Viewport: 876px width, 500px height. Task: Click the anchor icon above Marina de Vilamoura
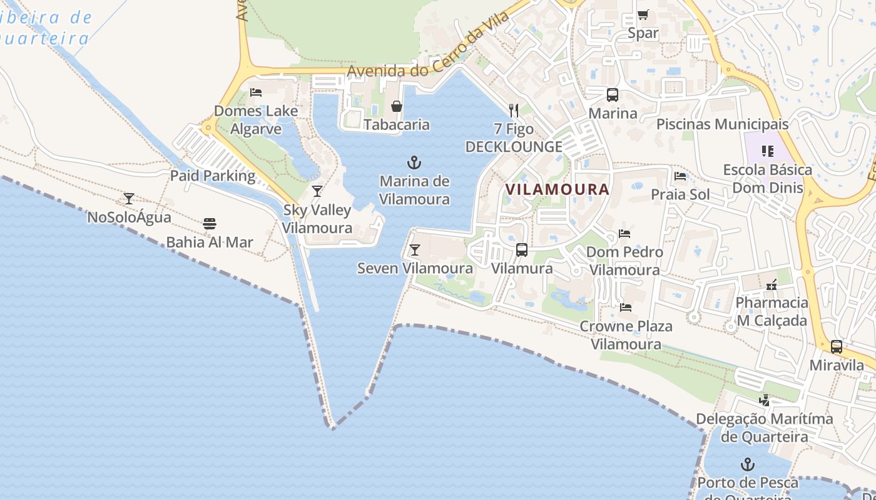click(x=414, y=163)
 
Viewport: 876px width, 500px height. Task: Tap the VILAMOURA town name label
click(x=557, y=189)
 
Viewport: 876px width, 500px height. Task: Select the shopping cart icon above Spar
click(x=643, y=14)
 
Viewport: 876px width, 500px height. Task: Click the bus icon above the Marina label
click(x=613, y=95)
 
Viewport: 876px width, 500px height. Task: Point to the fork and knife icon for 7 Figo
click(x=514, y=111)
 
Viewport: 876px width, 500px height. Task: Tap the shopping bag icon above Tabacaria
click(x=396, y=106)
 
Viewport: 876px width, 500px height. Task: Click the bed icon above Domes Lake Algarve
click(x=255, y=92)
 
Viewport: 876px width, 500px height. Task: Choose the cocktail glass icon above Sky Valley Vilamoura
click(x=317, y=191)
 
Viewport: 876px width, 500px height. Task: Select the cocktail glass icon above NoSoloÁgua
click(x=129, y=199)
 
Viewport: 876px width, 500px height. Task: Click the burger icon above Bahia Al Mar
click(x=210, y=224)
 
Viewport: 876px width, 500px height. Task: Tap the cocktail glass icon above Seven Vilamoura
click(x=414, y=250)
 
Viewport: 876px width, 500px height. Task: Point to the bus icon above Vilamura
click(x=522, y=250)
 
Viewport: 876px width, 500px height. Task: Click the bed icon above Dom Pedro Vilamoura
click(x=624, y=234)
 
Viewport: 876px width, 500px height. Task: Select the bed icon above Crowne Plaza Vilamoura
click(x=625, y=307)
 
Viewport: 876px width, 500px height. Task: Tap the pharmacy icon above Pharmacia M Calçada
click(x=772, y=284)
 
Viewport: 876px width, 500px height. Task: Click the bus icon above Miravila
click(x=837, y=347)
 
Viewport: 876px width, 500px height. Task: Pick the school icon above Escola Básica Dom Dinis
click(x=767, y=151)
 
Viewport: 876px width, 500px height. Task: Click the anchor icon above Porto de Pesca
click(x=747, y=464)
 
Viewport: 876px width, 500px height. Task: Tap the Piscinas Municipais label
click(x=722, y=124)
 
